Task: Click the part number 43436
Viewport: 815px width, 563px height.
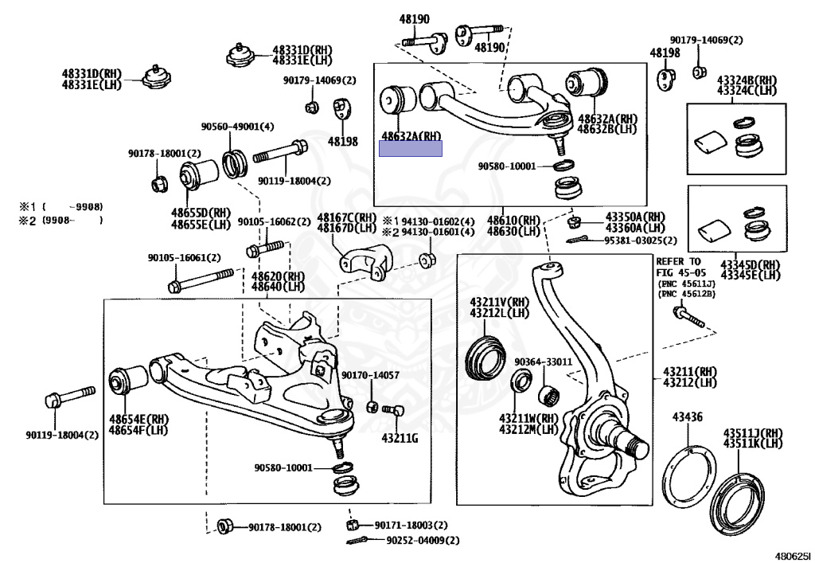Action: coord(687,416)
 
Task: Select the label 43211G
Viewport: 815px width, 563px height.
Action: coord(400,437)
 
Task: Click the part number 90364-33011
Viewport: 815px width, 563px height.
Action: coord(543,362)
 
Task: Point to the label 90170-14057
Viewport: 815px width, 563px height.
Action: coord(370,375)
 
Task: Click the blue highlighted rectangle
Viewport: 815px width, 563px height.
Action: coord(410,149)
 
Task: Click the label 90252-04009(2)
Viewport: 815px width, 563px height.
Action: coord(423,540)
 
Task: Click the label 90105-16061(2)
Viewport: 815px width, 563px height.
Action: coord(184,257)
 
